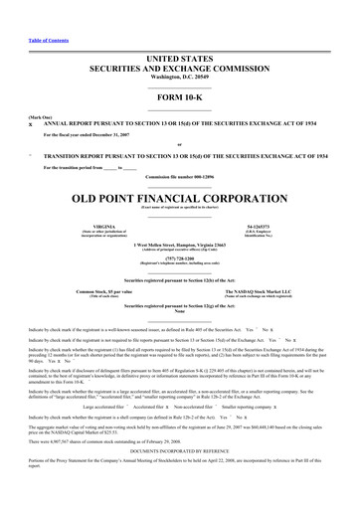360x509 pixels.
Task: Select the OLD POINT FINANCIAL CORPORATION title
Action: [x=179, y=198]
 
